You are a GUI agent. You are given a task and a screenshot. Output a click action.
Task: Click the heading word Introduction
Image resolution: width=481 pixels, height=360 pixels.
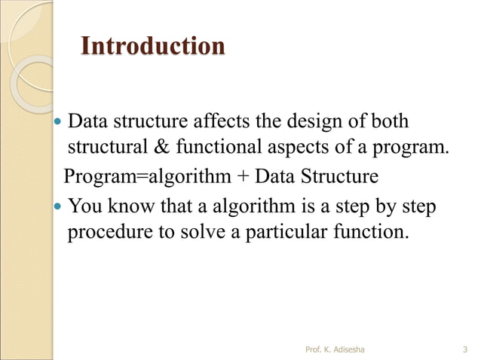point(152,46)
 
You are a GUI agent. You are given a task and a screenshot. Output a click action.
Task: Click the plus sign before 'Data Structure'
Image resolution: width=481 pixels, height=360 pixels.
point(243,178)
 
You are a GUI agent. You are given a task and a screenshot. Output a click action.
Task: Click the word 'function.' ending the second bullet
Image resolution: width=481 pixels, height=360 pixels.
point(372,232)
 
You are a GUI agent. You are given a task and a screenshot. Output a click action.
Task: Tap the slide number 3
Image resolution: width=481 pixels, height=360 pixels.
point(464,349)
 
